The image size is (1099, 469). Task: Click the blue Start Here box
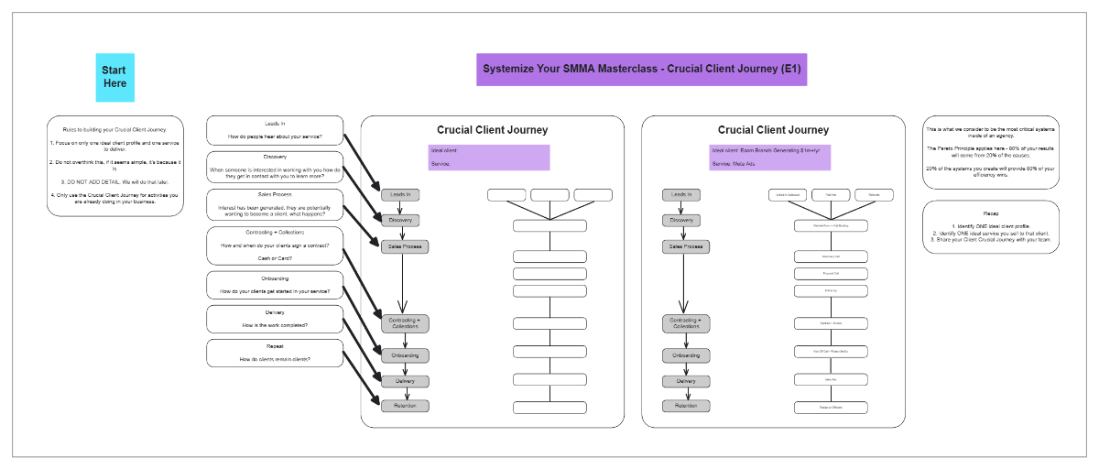point(114,77)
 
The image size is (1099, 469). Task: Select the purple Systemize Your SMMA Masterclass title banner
point(641,69)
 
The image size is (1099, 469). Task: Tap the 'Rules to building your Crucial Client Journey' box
point(114,166)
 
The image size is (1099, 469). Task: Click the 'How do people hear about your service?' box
point(275,130)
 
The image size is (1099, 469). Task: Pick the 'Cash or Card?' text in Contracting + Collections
point(275,258)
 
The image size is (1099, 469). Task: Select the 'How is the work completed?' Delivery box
point(275,319)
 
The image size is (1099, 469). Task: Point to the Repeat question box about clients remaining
point(275,353)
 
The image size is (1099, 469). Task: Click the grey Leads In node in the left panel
point(400,194)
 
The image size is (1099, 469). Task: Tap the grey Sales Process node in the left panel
point(405,246)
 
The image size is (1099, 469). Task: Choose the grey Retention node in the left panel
point(405,406)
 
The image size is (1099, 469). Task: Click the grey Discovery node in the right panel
point(681,221)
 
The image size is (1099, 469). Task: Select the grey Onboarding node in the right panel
point(686,355)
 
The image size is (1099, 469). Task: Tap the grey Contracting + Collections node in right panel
point(686,323)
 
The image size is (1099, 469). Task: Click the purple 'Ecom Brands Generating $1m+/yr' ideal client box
point(769,157)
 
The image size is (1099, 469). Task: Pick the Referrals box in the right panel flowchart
point(874,195)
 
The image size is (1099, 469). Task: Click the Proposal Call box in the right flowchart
point(831,274)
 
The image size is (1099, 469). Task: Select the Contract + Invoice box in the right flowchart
point(831,323)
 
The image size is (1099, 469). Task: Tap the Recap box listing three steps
point(990,226)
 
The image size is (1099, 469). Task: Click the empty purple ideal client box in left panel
point(488,157)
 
